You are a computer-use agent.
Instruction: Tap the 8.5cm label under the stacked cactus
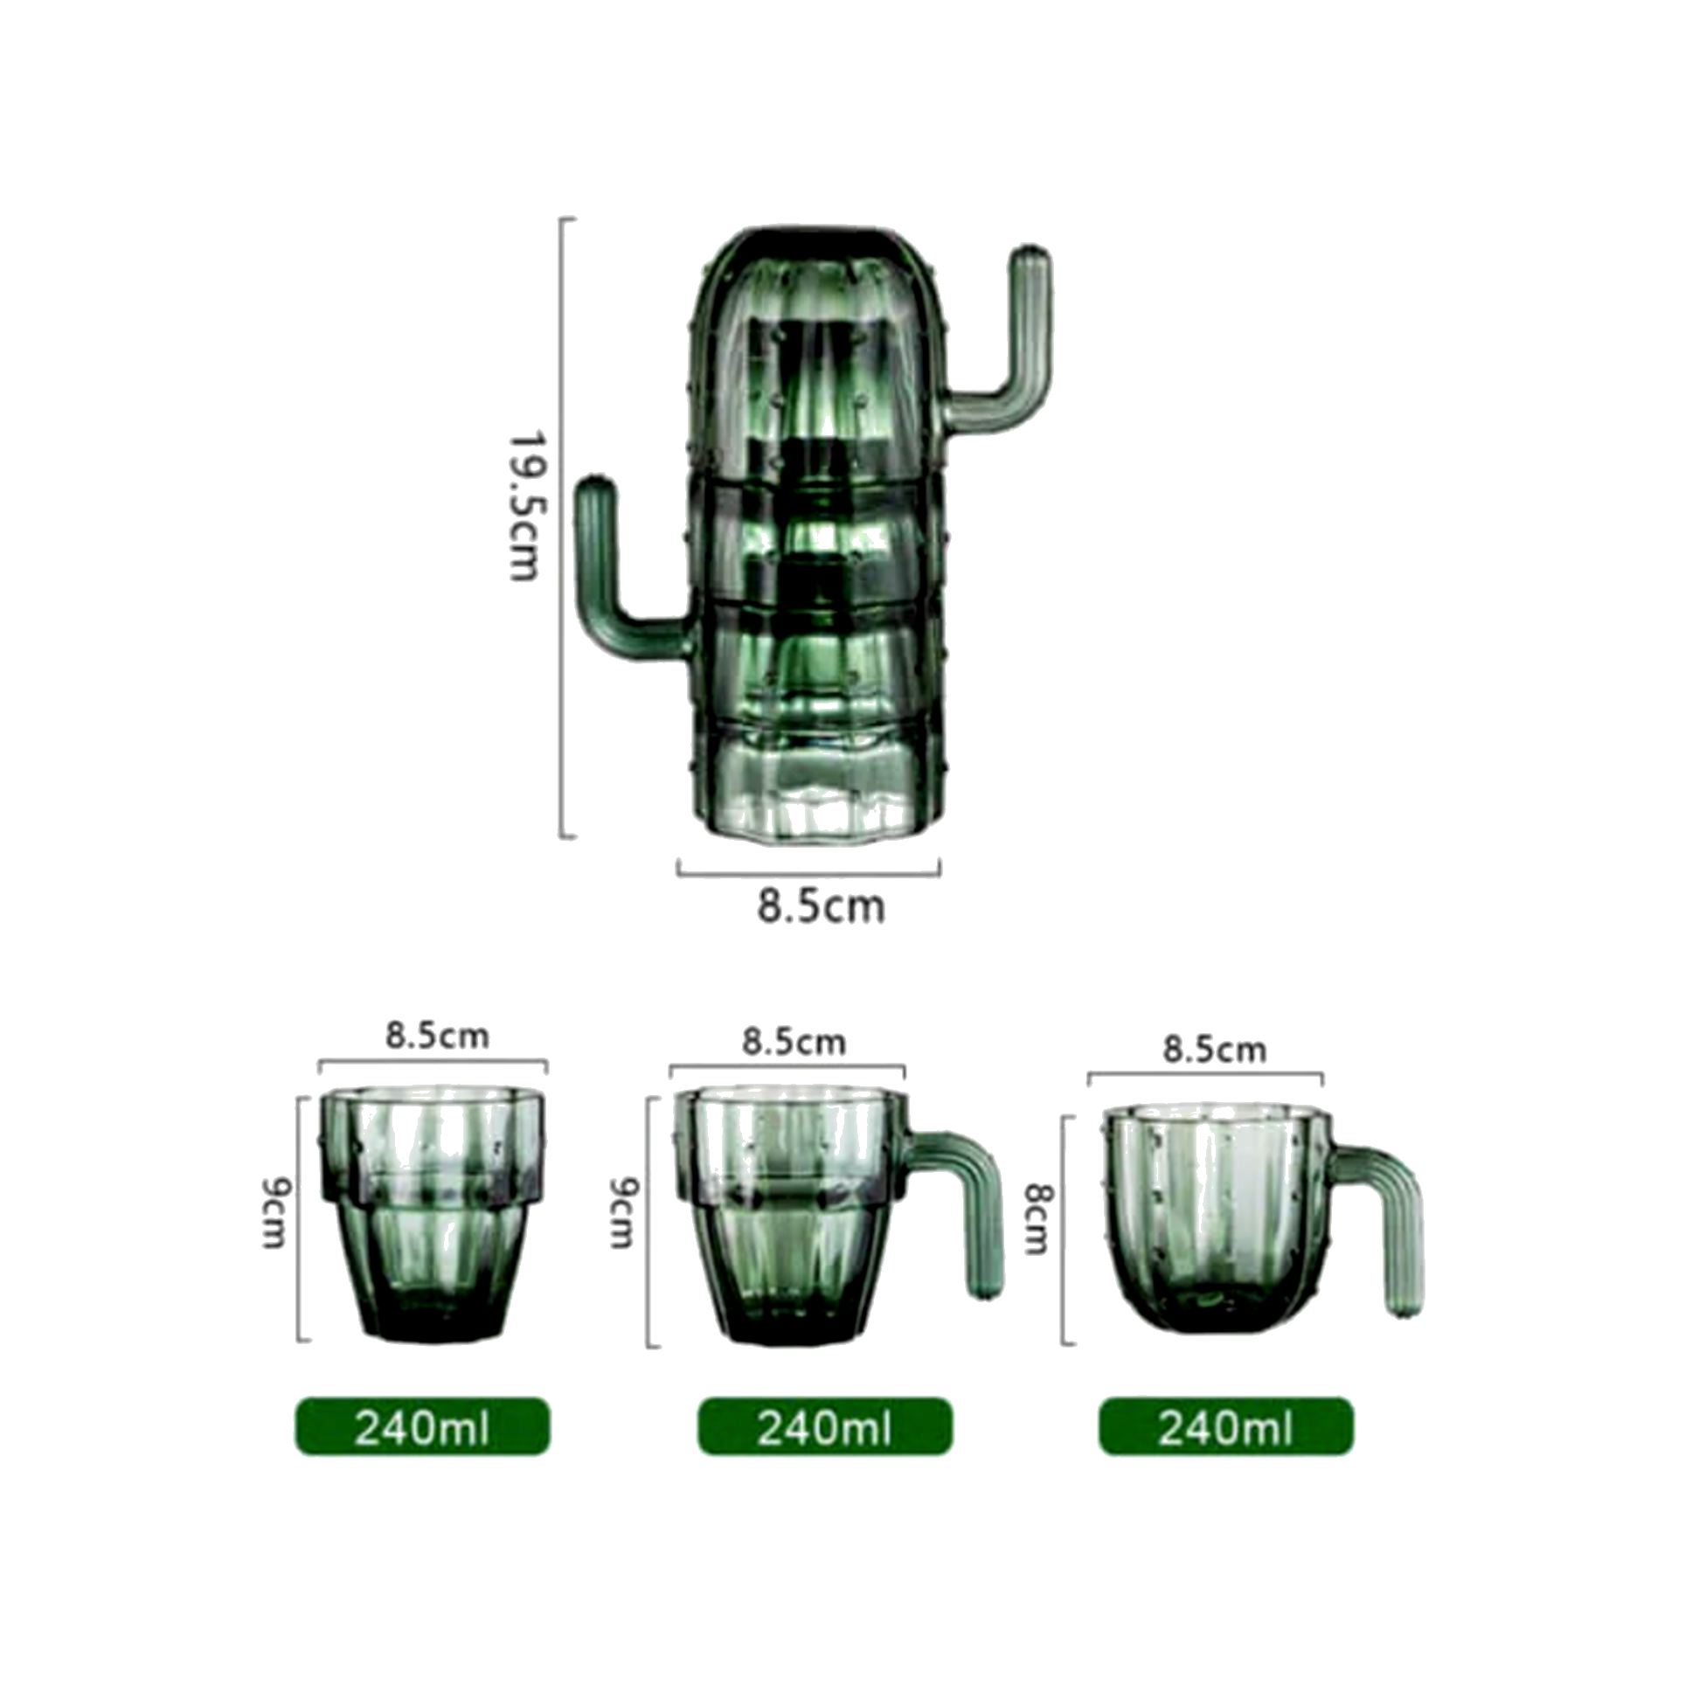(821, 908)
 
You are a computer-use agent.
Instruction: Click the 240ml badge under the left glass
(422, 1427)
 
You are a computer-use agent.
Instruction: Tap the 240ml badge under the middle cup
(825, 1427)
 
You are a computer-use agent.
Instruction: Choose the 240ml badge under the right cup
(1225, 1427)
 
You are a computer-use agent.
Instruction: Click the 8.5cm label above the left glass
(437, 1036)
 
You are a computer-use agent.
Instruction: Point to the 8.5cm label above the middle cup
(793, 1043)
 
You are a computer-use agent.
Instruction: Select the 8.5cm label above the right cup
(1214, 1050)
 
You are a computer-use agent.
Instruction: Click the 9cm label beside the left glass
(276, 1214)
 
